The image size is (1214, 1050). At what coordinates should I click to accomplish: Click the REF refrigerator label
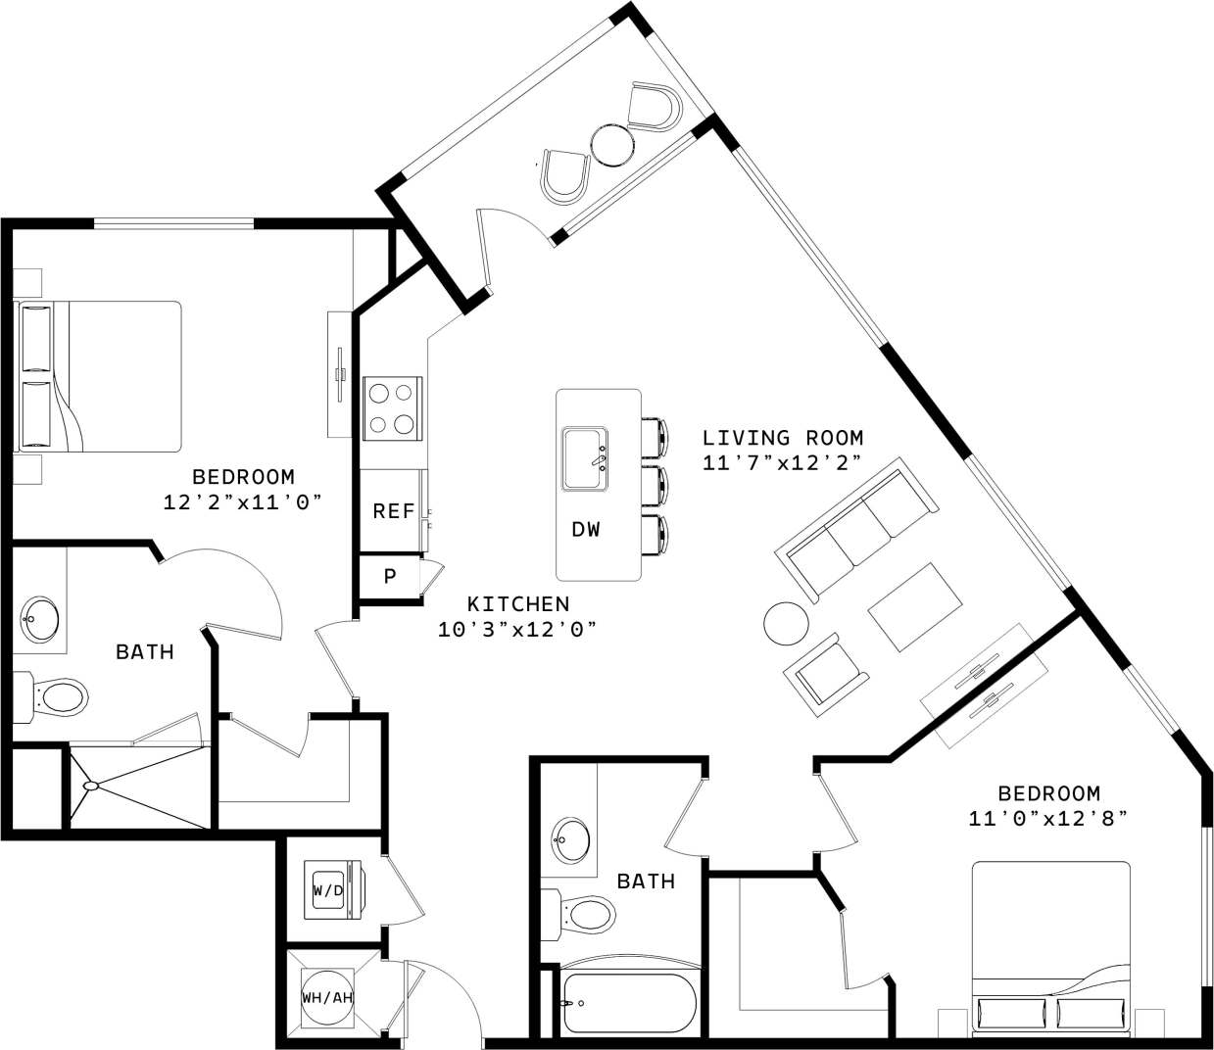coord(394,511)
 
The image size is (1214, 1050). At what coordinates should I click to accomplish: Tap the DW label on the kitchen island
coord(586,530)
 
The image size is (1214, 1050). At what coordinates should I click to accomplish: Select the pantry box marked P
coord(389,576)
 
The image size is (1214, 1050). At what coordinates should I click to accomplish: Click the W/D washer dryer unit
coord(329,891)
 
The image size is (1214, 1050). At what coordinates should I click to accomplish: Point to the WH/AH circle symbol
coord(326,997)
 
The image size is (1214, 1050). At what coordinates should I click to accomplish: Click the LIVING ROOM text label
coord(783,438)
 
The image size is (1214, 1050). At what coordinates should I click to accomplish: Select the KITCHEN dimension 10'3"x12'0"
coord(517,629)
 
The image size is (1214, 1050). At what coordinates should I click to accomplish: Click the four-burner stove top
coord(391,408)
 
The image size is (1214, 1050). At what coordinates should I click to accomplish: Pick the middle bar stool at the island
coord(654,483)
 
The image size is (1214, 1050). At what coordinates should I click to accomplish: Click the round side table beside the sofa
coord(787,623)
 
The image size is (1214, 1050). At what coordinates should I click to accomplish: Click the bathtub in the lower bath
coord(628,1004)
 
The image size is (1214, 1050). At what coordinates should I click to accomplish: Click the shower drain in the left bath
coord(90,786)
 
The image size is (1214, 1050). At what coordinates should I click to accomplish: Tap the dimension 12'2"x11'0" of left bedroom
coord(243,501)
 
